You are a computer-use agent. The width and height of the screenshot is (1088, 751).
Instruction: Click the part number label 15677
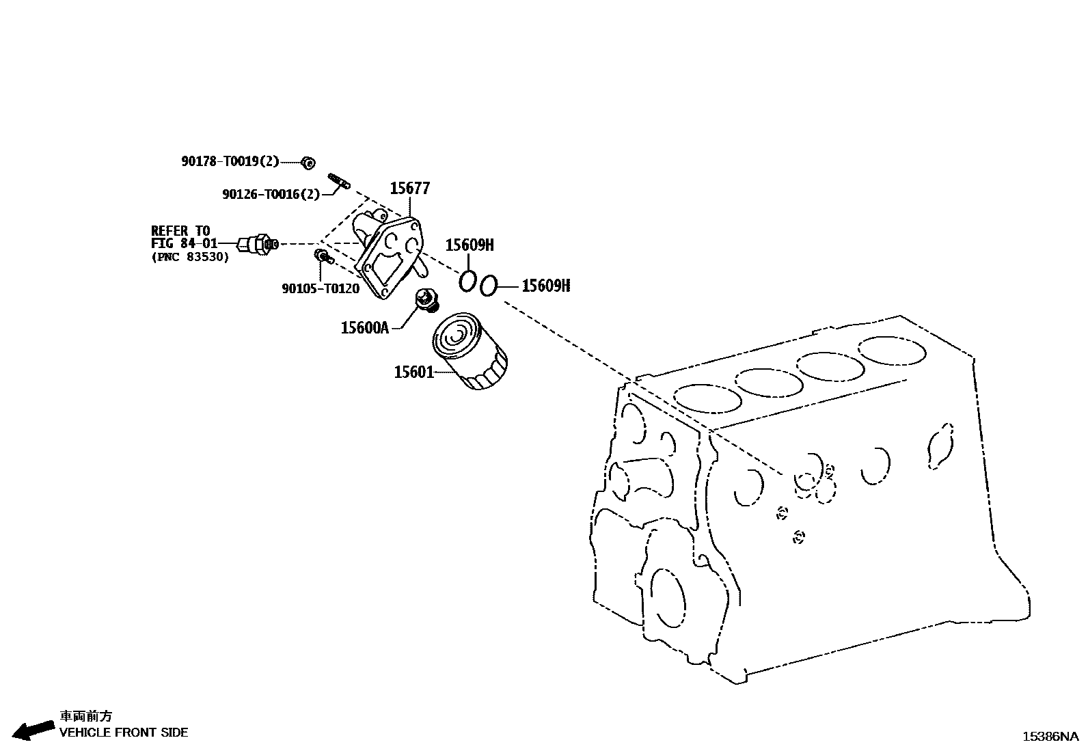click(410, 188)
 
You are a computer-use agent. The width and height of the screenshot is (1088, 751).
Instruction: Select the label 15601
click(413, 372)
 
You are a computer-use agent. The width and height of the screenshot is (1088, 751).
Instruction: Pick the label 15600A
click(364, 328)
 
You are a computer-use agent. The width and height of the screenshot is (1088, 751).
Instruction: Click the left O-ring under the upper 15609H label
click(467, 280)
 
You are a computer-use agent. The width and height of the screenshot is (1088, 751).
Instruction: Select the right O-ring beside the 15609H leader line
click(487, 286)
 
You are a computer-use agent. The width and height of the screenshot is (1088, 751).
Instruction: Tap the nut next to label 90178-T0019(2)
click(308, 162)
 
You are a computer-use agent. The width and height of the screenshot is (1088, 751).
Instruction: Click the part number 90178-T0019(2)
click(230, 161)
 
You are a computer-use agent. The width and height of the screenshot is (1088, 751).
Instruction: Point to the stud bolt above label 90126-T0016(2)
click(339, 181)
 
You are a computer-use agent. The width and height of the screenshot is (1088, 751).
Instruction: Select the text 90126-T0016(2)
click(271, 194)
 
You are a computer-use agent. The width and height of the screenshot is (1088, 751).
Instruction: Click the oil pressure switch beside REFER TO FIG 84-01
click(257, 243)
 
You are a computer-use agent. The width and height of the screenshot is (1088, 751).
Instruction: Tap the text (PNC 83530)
click(190, 257)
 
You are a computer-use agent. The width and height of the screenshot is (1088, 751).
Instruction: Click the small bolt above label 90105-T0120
click(321, 256)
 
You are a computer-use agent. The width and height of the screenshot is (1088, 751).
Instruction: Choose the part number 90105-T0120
click(321, 288)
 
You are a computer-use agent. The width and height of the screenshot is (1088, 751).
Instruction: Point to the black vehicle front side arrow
click(34, 730)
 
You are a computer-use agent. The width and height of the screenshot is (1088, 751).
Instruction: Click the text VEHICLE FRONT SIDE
click(124, 733)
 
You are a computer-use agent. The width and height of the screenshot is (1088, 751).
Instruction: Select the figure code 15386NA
click(1050, 737)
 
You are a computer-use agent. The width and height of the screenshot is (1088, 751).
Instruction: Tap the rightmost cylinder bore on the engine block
click(893, 351)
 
